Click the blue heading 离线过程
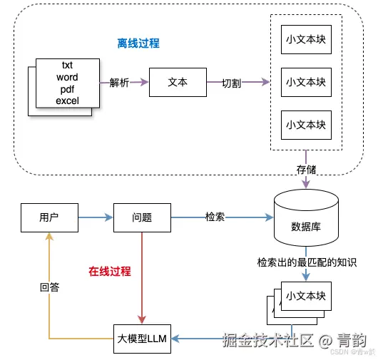138,43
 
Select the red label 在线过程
109,272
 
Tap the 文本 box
177,83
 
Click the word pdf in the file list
66,89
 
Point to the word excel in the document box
66,101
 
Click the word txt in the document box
66,66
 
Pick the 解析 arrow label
120,83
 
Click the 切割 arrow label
231,83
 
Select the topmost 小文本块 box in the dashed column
305,39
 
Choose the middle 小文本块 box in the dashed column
305,82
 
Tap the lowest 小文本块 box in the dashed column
305,125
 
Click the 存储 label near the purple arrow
306,170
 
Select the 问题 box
143,217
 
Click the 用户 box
48,217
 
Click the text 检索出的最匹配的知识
306,262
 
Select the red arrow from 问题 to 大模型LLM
143,278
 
